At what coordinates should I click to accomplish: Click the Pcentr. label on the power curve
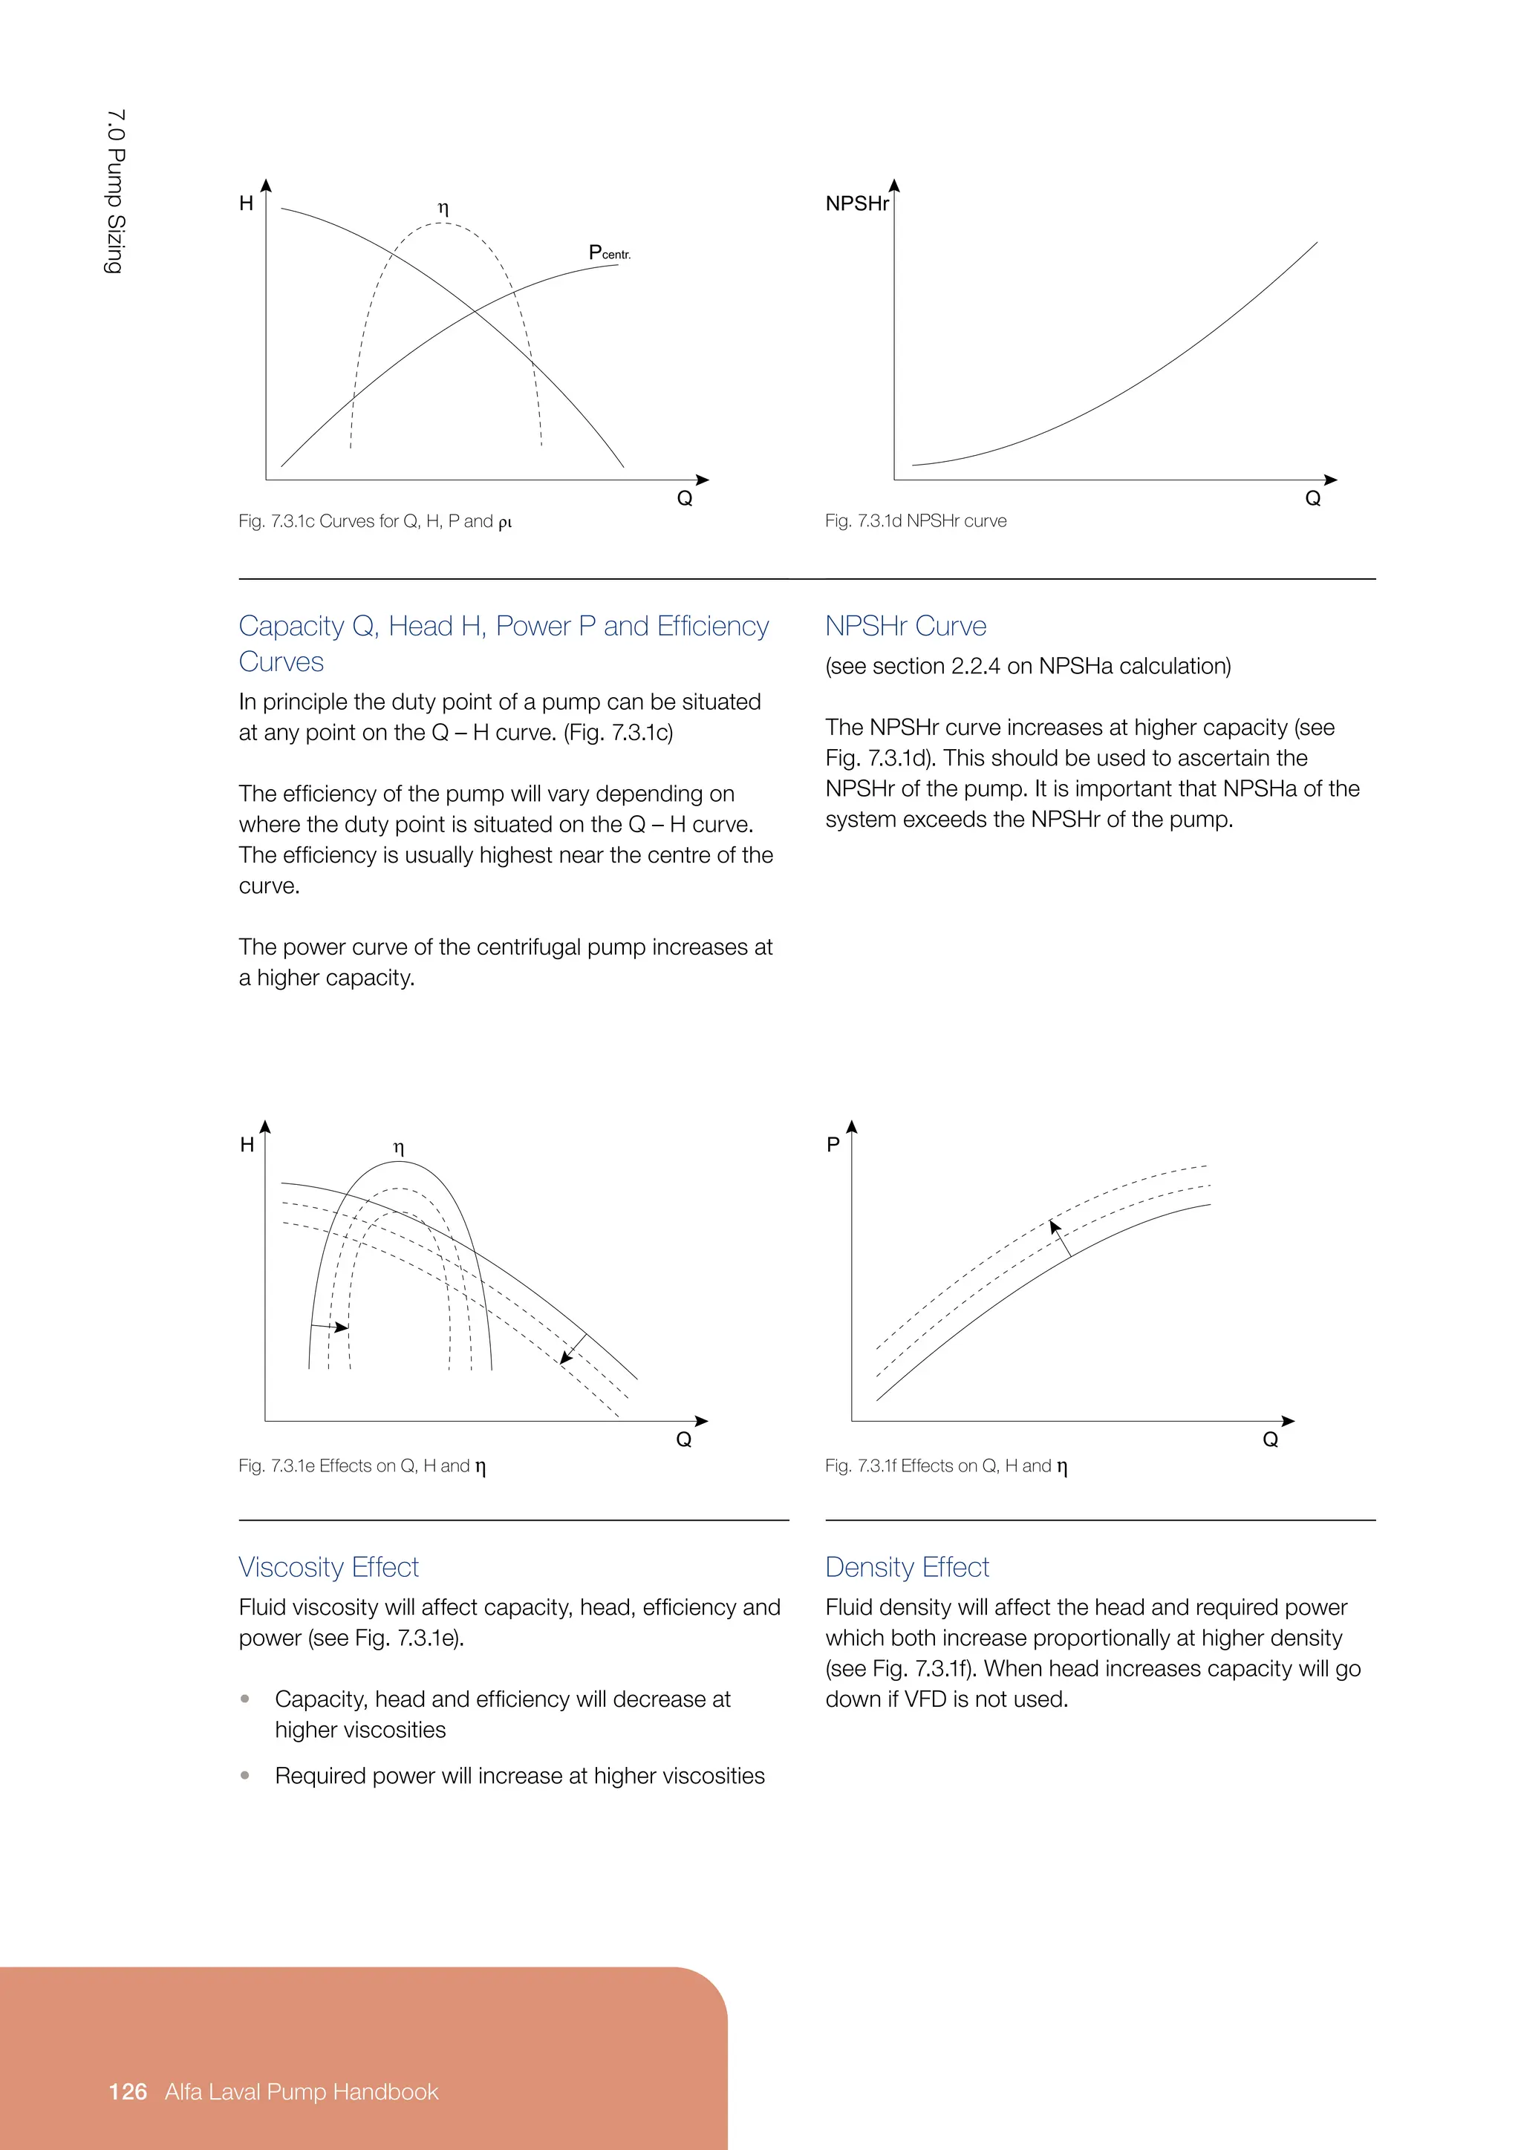609,253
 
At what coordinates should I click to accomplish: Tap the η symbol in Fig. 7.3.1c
443,208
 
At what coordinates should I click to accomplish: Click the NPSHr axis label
856,204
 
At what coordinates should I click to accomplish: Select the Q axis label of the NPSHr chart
1312,499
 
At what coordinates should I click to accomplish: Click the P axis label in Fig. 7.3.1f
833,1144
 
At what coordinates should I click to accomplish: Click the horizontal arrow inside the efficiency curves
330,1327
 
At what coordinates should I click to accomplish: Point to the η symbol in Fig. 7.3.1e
399,1147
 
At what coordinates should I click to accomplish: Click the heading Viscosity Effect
328,1566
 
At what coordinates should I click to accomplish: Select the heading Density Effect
907,1566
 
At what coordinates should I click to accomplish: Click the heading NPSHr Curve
905,626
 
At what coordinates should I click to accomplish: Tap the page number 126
128,2092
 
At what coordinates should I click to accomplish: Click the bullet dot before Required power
245,1774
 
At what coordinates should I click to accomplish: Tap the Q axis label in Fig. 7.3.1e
684,1440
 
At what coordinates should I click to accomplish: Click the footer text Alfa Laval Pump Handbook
302,2092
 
